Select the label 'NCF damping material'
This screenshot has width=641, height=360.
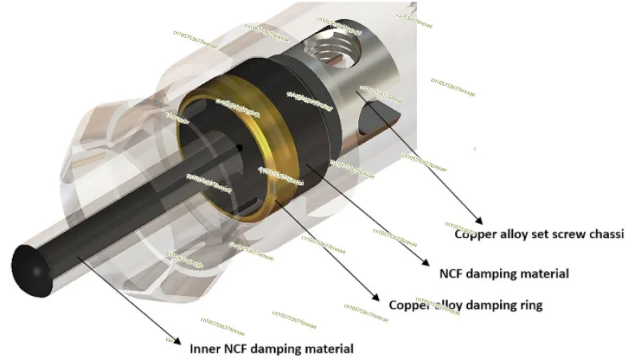click(504, 273)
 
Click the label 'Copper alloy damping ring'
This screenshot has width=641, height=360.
click(466, 305)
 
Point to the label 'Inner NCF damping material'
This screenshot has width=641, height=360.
click(271, 349)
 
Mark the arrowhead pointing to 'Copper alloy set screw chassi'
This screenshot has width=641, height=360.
click(480, 220)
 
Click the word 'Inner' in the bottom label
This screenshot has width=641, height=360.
click(204, 349)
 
